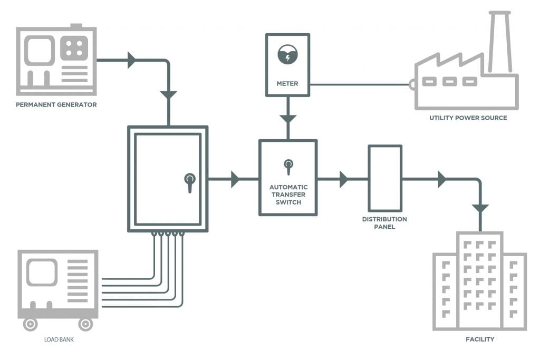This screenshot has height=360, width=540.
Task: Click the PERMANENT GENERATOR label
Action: [56, 104]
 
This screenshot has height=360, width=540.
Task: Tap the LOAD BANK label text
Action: [59, 339]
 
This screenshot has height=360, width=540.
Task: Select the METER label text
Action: [287, 83]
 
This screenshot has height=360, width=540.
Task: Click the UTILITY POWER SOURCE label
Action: [468, 118]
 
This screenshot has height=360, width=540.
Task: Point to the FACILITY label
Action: [480, 339]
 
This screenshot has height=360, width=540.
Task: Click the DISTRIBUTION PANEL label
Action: [384, 223]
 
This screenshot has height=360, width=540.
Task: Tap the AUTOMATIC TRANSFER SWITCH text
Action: [288, 193]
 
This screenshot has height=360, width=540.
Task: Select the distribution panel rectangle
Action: [384, 179]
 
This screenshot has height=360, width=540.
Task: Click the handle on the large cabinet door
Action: [190, 181]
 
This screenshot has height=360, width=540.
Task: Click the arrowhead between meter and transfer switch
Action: [287, 119]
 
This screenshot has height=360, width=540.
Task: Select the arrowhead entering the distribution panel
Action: [344, 179]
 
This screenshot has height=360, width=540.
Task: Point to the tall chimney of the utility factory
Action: [499, 42]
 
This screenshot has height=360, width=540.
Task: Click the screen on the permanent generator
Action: [40, 51]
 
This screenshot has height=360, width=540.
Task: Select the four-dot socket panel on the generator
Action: [74, 47]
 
